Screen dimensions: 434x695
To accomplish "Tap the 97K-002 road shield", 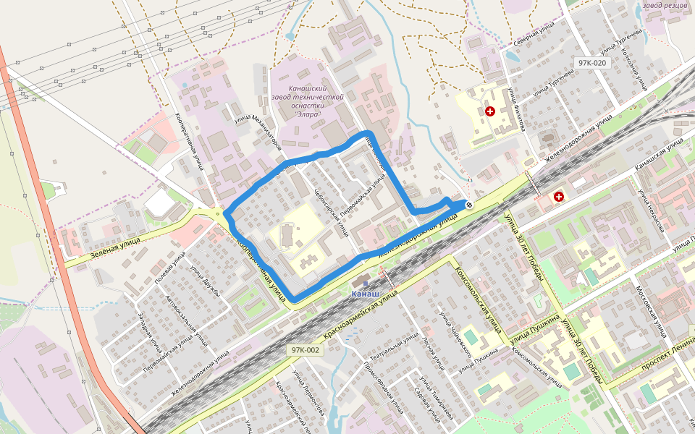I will pos(305,350).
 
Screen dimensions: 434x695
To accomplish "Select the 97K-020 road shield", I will pos(591,63).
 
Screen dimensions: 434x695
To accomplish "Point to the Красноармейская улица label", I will pos(361,315).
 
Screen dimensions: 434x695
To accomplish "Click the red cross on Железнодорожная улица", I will pos(559,197).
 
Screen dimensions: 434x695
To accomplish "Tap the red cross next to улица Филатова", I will pos(490,111).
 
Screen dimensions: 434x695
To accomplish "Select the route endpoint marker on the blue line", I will pos(468,205).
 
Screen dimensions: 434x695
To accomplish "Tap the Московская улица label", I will pos(650,311).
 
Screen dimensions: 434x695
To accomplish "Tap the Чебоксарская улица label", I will pos(332,213).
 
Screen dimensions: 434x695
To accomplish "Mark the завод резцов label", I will pos(665,6).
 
